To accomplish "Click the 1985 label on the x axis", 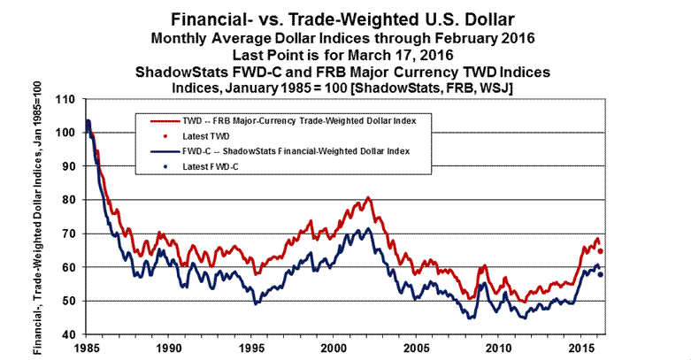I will coord(86,349).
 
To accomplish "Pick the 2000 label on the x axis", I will coord(333,349).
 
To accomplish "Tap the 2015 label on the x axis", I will coord(580,349).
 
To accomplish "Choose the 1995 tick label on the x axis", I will coord(250,349).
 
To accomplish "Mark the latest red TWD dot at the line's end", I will coord(601,251).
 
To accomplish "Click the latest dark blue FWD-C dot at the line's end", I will coord(601,274).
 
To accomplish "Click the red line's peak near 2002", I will coord(368,198).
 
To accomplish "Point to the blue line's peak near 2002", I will coord(368,230).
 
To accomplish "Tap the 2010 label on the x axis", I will coord(497,349).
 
